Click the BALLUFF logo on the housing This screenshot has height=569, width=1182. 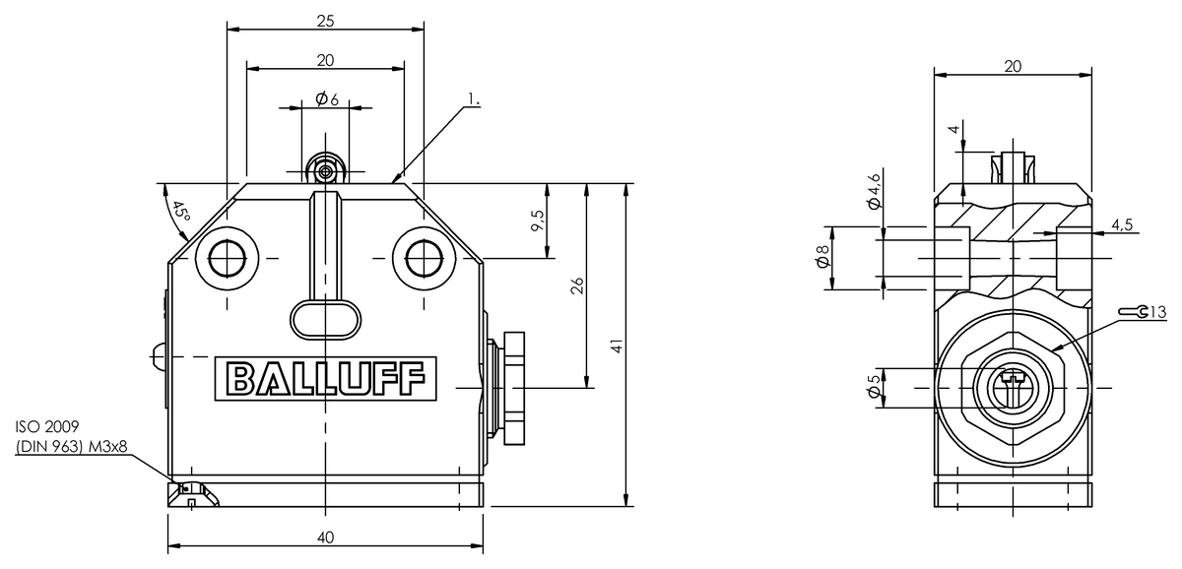[x=326, y=378]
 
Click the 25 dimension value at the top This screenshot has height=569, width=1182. [x=326, y=21]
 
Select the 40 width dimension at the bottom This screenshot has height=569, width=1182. [x=326, y=537]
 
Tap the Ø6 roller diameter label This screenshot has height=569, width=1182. [x=327, y=98]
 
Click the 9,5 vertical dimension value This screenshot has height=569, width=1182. [x=538, y=221]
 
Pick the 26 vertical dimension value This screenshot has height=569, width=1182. [x=578, y=285]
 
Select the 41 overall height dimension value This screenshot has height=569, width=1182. [x=617, y=346]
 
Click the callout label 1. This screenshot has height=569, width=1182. [x=474, y=99]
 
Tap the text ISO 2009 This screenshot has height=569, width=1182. [x=47, y=426]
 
